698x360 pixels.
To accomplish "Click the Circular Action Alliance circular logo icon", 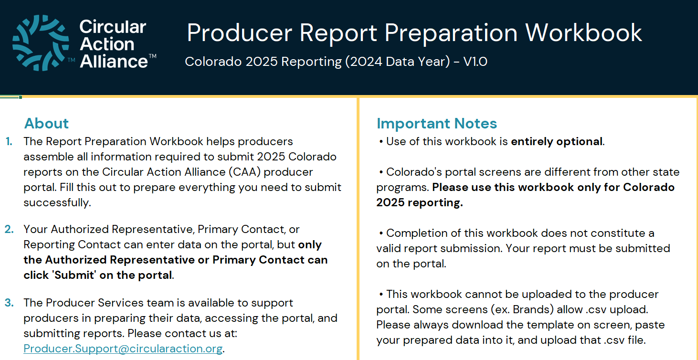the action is point(41,42).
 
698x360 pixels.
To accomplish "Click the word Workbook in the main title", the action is point(583,32).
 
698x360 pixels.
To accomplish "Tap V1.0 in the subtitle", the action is point(475,62).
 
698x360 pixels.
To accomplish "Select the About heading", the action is point(46,123).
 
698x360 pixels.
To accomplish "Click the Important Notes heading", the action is point(436,123).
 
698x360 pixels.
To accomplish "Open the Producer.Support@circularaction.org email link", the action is point(123,349).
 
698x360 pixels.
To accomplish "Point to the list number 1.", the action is point(9,141).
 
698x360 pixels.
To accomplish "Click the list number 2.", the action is point(9,229).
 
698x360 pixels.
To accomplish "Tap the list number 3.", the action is point(9,303).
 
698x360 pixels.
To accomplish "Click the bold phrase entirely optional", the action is point(557,141).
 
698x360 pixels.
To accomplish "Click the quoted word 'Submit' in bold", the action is point(74,275).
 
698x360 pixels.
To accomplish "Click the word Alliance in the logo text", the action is point(114,61).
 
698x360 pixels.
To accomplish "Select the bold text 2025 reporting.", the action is point(420,202).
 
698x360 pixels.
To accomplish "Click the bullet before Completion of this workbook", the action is point(381,233).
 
